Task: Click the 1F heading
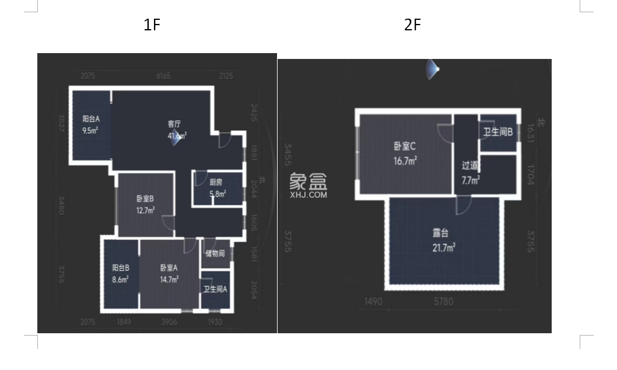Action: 152,25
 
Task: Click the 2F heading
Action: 412,25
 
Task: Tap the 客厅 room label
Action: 174,124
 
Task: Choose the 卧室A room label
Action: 169,267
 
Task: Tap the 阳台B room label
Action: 121,268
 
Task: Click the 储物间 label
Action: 215,253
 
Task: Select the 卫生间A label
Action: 215,288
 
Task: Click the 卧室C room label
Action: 405,146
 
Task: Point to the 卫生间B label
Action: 497,132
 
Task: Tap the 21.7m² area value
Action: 444,247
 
